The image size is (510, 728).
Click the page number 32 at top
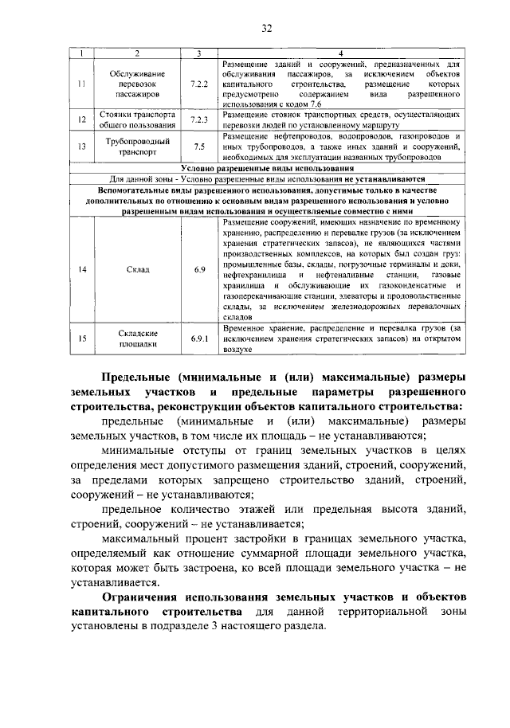pyautogui.click(x=267, y=29)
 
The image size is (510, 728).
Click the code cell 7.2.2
pyautogui.click(x=199, y=82)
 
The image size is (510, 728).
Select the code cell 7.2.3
pyautogui.click(x=199, y=119)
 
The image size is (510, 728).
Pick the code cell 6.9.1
pyautogui.click(x=199, y=339)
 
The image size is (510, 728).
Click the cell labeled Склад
pyautogui.click(x=138, y=270)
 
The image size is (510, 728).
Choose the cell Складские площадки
pyautogui.click(x=138, y=339)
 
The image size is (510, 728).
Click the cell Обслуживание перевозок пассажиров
pyautogui.click(x=138, y=82)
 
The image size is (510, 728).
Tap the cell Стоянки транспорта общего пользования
pyautogui.click(x=138, y=119)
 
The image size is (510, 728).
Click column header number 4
pyautogui.click(x=341, y=53)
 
